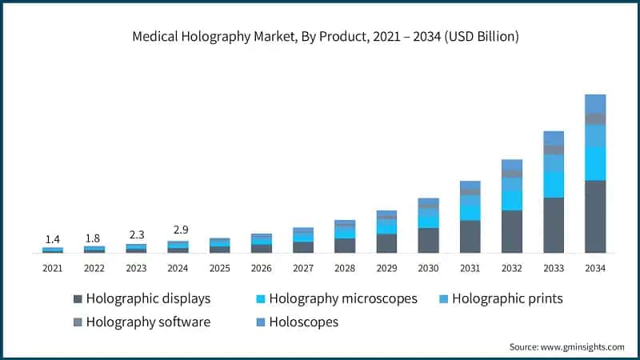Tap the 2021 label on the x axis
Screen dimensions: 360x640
coord(53,268)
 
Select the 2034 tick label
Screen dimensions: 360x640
coord(594,268)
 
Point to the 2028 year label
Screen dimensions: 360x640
coord(345,268)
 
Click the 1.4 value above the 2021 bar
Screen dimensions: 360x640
coord(53,239)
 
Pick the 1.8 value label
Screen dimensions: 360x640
coord(94,238)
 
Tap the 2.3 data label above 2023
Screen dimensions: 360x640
coord(136,235)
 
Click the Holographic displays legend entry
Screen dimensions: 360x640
coord(142,299)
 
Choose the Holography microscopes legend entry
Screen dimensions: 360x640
coord(335,299)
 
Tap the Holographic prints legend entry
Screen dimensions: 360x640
coord(499,299)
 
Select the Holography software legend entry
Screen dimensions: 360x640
coord(142,322)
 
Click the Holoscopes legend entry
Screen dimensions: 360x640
coord(295,322)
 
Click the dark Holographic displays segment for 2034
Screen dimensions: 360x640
coord(594,216)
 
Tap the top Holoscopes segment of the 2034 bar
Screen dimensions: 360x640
coord(594,103)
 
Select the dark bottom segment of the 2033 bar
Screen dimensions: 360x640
coord(554,225)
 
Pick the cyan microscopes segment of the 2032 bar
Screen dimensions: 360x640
coord(511,200)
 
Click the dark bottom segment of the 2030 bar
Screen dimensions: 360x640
coord(428,240)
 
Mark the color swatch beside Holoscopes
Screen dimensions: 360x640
coord(260,322)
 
